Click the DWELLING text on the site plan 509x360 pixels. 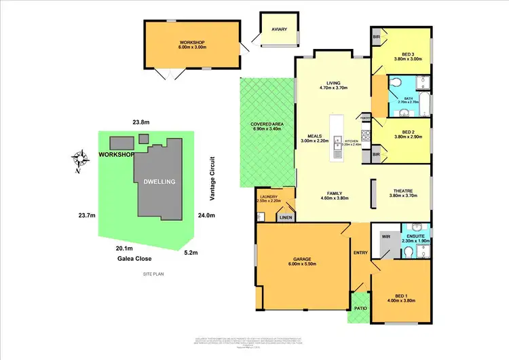click(x=159, y=182)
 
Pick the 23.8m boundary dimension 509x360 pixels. click(x=140, y=122)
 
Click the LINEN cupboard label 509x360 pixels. click(x=286, y=218)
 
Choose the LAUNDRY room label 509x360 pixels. click(x=267, y=198)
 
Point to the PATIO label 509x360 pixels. click(x=360, y=308)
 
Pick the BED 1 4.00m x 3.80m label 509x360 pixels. click(x=404, y=298)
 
